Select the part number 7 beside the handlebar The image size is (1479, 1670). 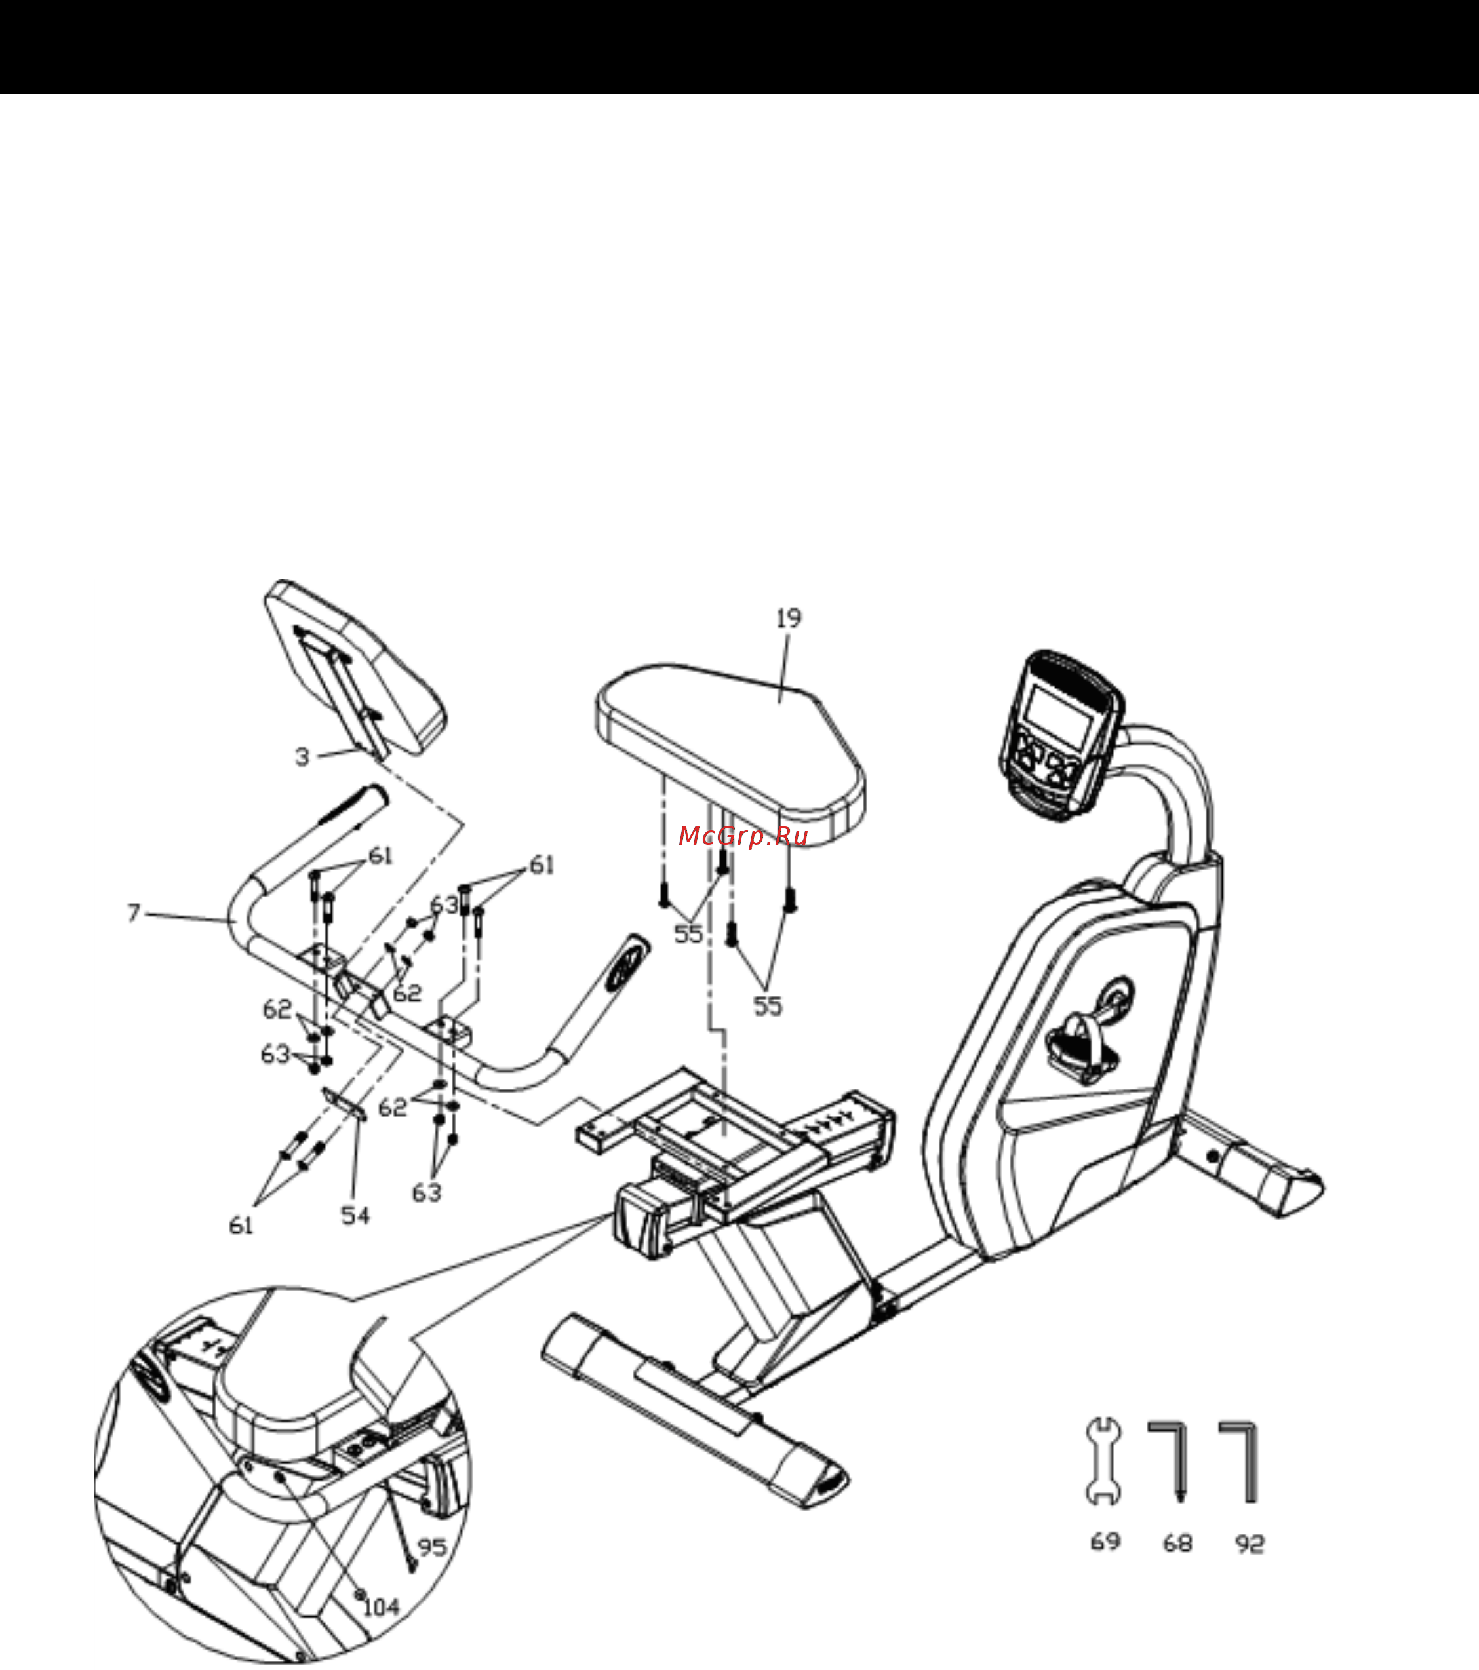[134, 912]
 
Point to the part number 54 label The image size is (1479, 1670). [355, 1216]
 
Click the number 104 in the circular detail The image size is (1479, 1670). [381, 1607]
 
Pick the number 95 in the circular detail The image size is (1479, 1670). [432, 1547]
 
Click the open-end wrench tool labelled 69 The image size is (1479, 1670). [1103, 1461]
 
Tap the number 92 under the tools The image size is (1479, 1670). [1250, 1544]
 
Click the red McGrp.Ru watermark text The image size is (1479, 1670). [743, 836]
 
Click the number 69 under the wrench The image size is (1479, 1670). [1105, 1542]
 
